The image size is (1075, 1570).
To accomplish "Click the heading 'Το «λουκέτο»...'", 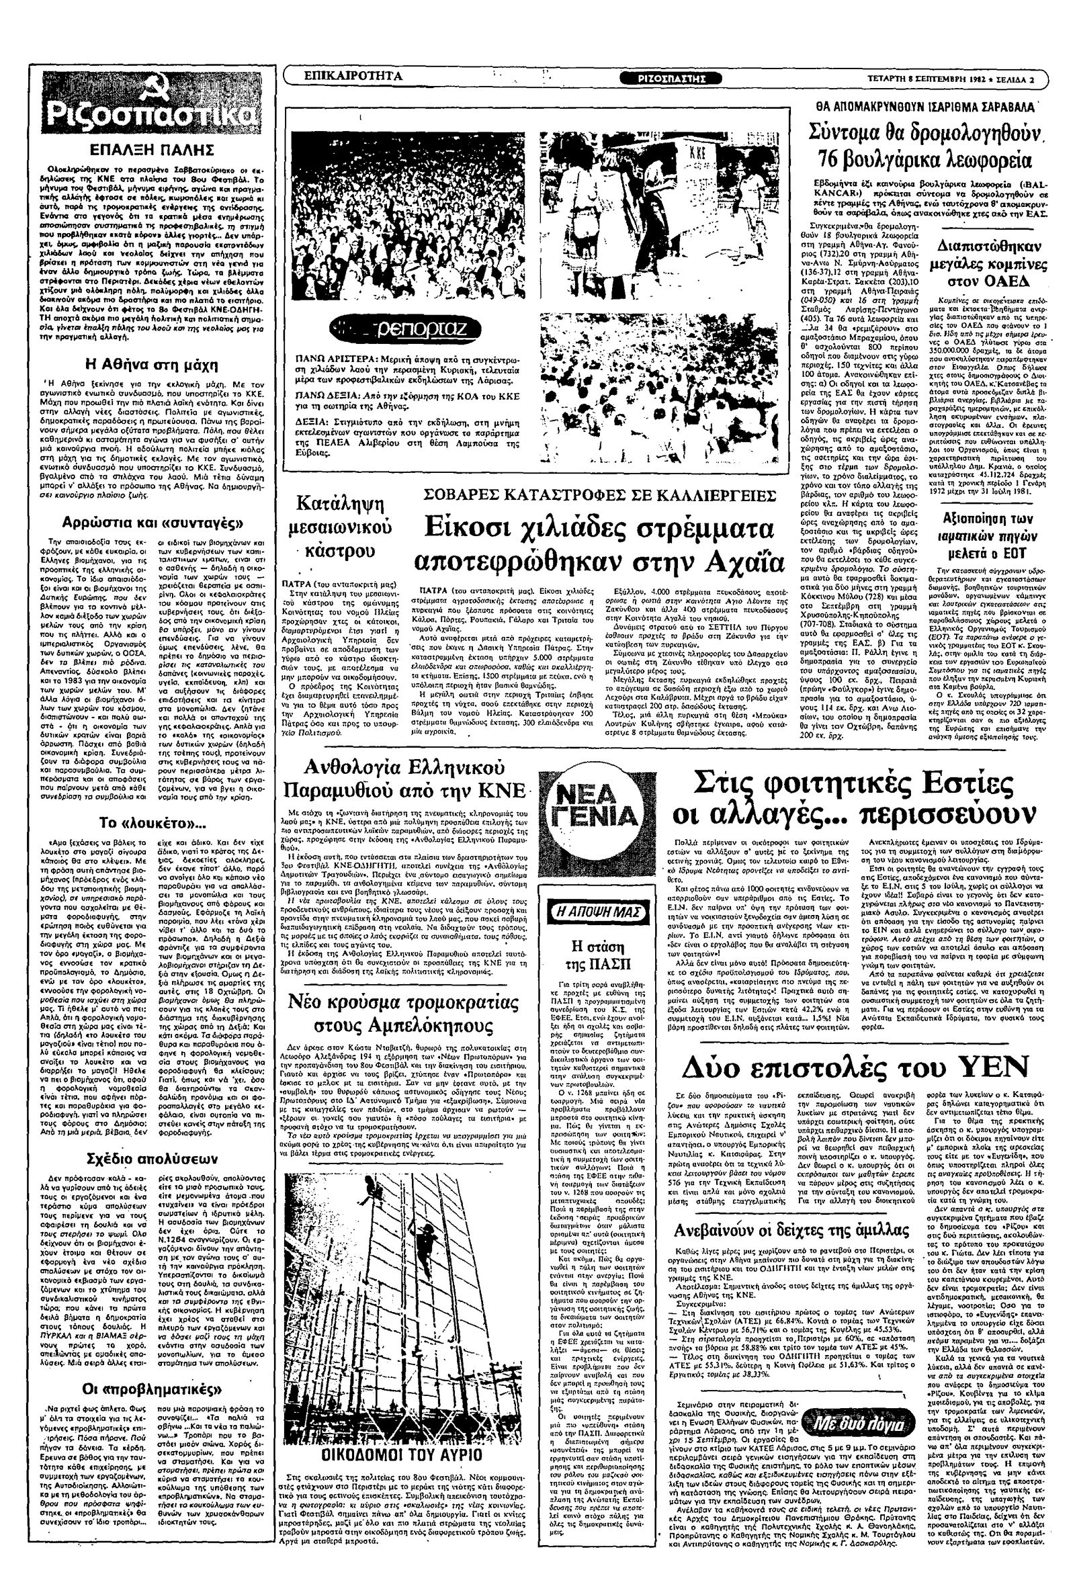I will pos(153,824).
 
